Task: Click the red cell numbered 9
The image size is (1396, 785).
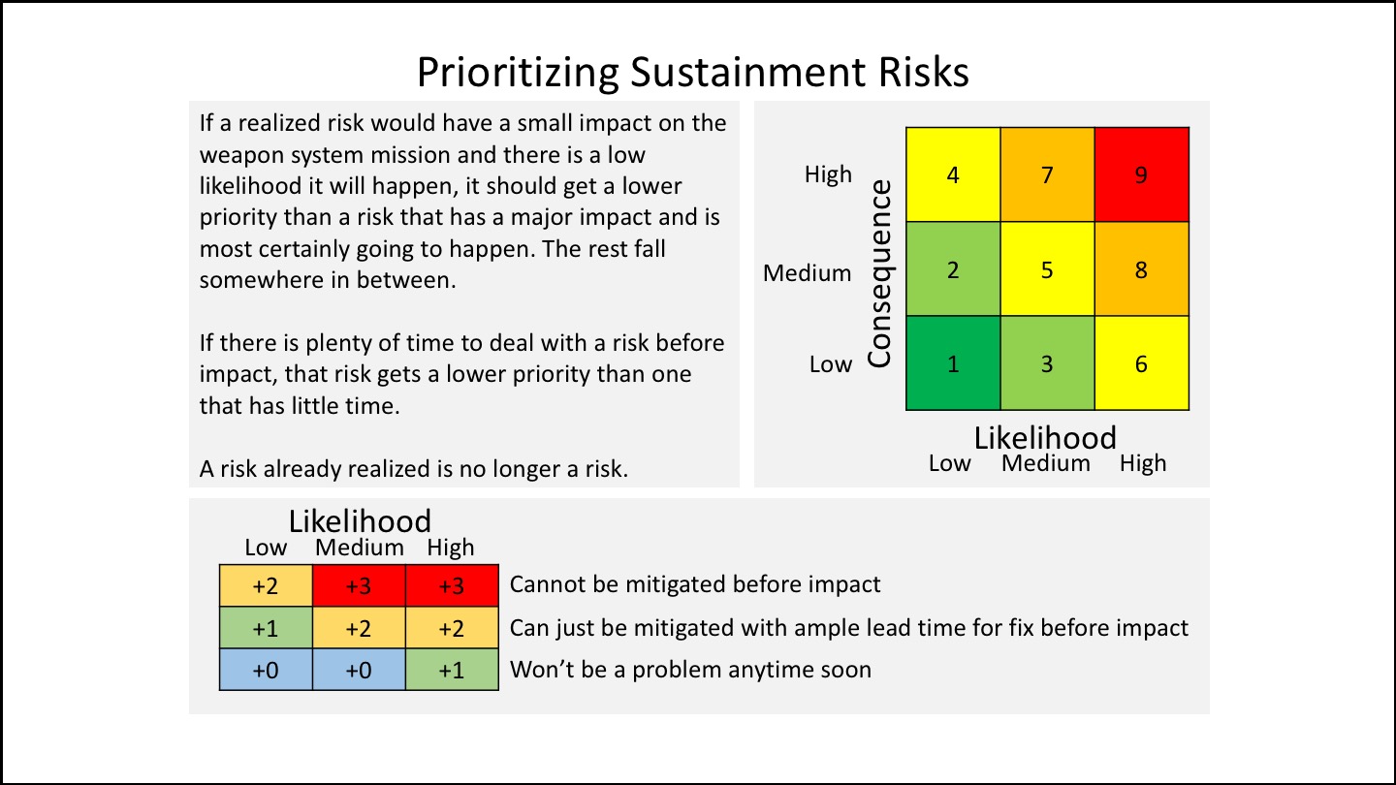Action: click(1141, 175)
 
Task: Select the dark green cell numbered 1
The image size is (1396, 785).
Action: click(953, 363)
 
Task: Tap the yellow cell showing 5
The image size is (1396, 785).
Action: click(1047, 269)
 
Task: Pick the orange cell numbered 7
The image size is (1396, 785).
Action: click(1047, 175)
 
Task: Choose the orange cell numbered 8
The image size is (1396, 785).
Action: click(1141, 269)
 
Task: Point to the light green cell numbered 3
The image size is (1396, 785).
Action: click(1047, 363)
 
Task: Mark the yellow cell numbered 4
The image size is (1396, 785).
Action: click(953, 175)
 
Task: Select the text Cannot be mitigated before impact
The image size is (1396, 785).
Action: click(694, 584)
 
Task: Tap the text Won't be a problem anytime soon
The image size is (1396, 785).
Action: click(690, 670)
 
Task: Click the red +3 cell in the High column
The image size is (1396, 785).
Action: click(452, 585)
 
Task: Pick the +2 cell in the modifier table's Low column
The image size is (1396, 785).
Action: click(266, 585)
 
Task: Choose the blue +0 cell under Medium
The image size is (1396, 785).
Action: click(359, 671)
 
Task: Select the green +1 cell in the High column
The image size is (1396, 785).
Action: click(452, 671)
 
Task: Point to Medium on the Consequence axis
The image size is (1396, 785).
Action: click(807, 273)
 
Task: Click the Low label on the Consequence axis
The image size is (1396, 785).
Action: click(830, 364)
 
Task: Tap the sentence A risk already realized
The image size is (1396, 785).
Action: click(414, 469)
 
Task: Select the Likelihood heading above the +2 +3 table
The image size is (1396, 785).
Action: click(360, 521)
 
